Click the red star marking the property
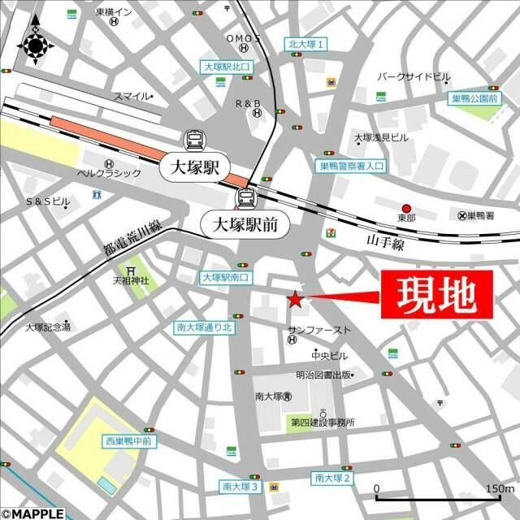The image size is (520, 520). pyautogui.click(x=295, y=300)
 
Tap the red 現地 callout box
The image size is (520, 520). pyautogui.click(x=436, y=294)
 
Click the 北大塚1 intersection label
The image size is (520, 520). pyautogui.click(x=307, y=44)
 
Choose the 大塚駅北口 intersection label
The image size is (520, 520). pyautogui.click(x=228, y=67)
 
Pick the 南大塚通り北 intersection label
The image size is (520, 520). pyautogui.click(x=205, y=328)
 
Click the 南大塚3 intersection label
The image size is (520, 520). pyautogui.click(x=240, y=487)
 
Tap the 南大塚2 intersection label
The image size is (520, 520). pyautogui.click(x=332, y=478)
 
